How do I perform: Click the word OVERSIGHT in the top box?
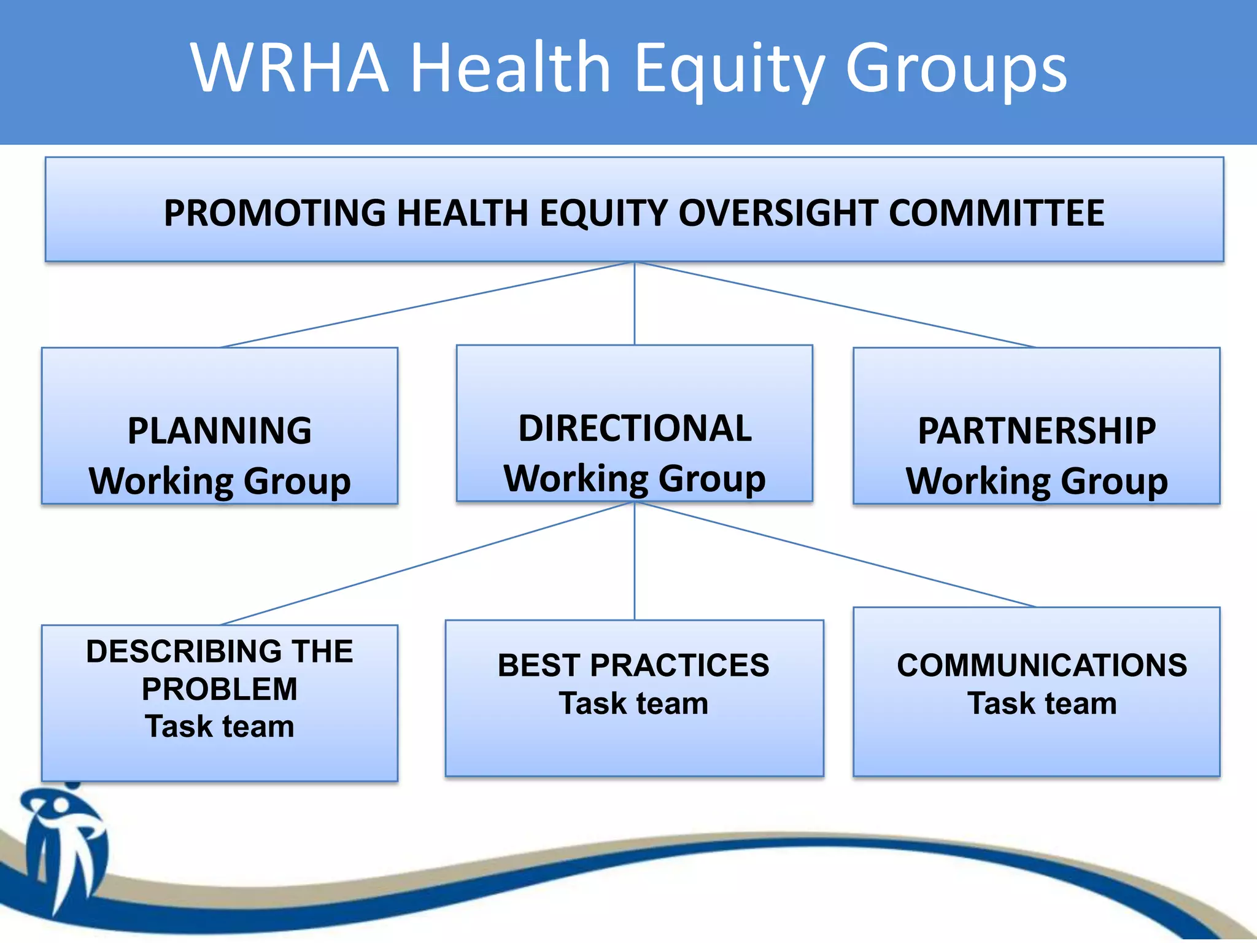pos(778,213)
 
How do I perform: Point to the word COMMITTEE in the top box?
pos(996,213)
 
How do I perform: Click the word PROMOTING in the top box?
pos(275,213)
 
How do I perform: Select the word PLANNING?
pos(219,430)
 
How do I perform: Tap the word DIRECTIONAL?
pos(635,428)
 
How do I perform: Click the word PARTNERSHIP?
pos(1037,430)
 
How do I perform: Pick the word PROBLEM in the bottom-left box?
pos(219,689)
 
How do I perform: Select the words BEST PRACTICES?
pos(633,666)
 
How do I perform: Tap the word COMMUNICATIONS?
pos(1042,666)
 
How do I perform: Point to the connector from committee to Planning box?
pos(427,305)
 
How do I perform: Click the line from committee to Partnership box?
pos(835,305)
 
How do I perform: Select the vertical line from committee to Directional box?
pos(635,303)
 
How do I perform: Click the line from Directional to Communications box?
pos(835,554)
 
